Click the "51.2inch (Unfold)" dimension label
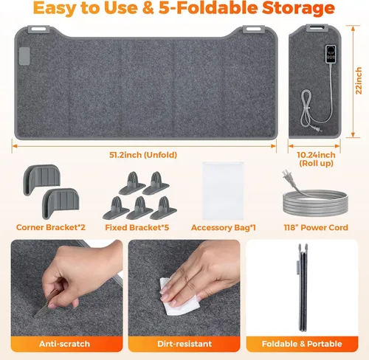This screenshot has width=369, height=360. click(x=143, y=155)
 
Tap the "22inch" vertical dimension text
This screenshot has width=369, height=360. click(x=359, y=80)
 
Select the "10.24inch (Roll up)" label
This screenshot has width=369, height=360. click(x=316, y=159)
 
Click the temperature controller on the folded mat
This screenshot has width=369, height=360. click(x=331, y=54)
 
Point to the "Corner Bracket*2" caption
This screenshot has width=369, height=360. click(x=51, y=227)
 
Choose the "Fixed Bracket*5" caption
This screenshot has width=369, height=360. click(x=137, y=227)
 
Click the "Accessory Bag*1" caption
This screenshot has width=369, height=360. click(x=224, y=228)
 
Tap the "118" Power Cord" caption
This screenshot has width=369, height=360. click(x=316, y=227)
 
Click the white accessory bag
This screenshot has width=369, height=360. click(x=223, y=190)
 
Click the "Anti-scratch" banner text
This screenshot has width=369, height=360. click(x=64, y=344)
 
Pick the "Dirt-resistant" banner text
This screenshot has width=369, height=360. click(x=184, y=344)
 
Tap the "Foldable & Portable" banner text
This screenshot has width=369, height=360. click(x=302, y=344)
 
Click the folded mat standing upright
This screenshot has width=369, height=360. click(x=303, y=288)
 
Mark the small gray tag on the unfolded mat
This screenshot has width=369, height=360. click(x=24, y=56)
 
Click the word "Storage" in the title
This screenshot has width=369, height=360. click(x=298, y=8)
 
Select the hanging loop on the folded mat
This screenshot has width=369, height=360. click(x=317, y=28)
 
